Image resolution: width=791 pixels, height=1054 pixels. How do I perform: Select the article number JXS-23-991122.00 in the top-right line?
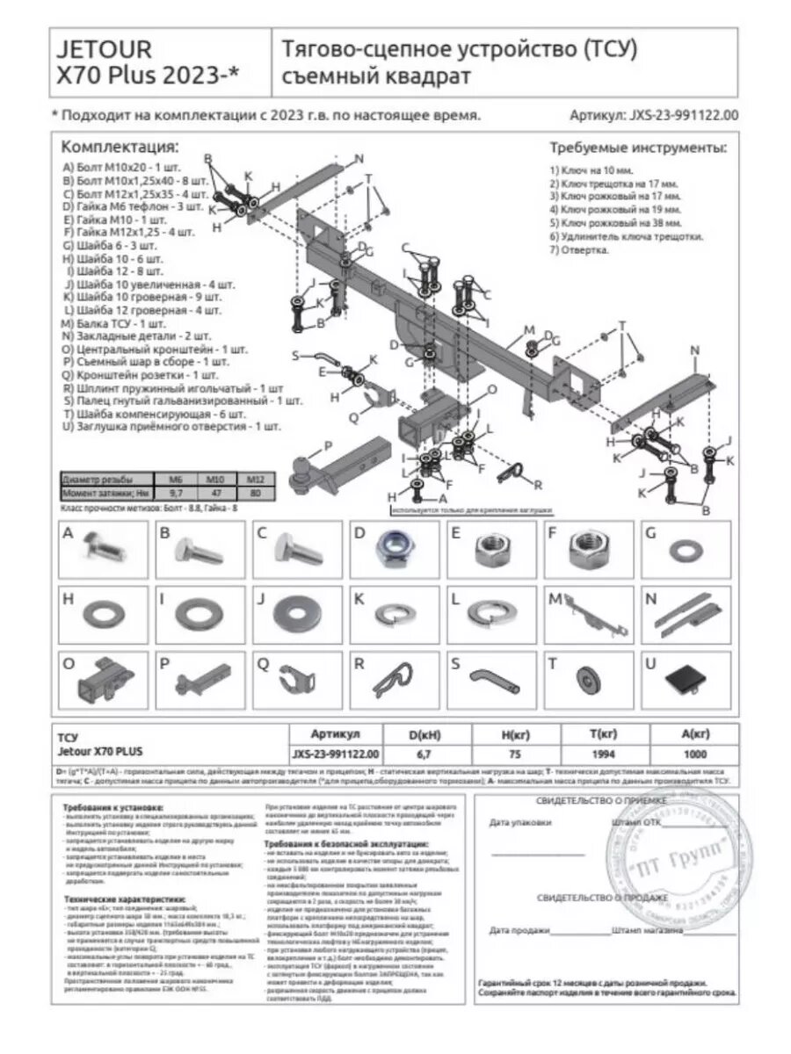(x=682, y=115)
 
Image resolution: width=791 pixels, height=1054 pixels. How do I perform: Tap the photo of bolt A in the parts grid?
(x=105, y=550)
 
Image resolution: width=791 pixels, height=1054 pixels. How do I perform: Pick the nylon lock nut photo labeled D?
(x=390, y=551)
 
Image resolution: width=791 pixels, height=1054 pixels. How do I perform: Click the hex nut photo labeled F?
(x=584, y=551)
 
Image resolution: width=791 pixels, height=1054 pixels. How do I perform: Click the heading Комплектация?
(x=120, y=147)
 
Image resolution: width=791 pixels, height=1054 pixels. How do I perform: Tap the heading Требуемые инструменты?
(x=638, y=147)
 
